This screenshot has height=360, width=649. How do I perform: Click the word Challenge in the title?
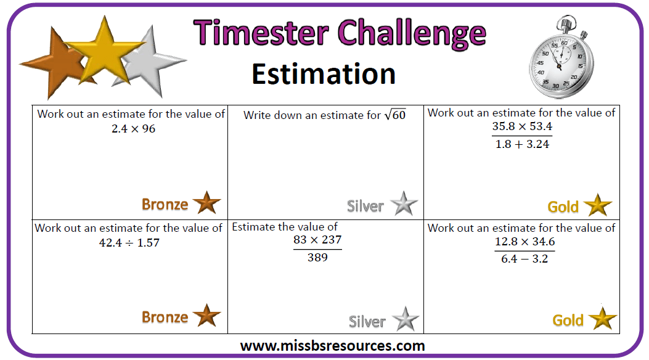coord(412,35)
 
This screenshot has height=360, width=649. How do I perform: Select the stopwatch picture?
coord(561,57)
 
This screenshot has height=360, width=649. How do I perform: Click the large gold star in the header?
coord(104,52)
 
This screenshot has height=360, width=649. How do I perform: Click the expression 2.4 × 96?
coord(133,129)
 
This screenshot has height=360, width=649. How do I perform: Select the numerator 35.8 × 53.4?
coord(522,126)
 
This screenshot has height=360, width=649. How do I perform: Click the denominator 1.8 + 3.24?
coord(522,144)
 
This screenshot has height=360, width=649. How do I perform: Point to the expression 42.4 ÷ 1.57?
coord(129,242)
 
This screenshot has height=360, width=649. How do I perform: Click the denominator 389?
coord(317,258)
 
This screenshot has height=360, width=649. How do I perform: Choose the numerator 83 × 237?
coord(317,240)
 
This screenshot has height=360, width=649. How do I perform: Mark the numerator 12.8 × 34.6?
coord(525,241)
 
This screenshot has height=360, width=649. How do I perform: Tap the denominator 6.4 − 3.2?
coord(525,259)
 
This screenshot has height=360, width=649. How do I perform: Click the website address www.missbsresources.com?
coord(332,346)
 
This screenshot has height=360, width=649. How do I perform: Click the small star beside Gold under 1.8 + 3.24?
coord(598,205)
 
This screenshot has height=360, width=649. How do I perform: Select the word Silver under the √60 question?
coord(365,206)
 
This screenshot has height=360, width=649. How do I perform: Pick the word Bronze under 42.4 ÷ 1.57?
coord(165,317)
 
